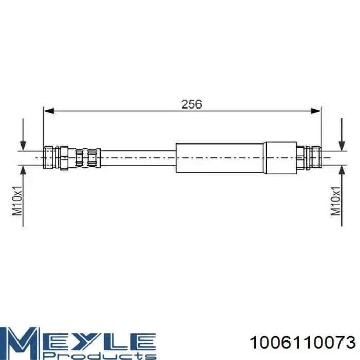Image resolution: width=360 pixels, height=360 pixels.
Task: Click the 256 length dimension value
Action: pos(191,104)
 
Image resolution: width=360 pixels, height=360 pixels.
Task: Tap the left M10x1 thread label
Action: pos(17,201)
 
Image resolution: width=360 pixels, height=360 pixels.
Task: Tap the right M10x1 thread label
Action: pos(336,201)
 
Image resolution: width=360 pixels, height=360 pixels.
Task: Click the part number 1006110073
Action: pos(302,343)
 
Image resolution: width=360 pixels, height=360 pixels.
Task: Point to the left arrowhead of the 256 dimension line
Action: pos(49,111)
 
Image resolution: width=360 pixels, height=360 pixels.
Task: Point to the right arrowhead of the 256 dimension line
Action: pos(316,111)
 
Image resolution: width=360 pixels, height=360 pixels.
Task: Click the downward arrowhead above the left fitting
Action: pos(23,146)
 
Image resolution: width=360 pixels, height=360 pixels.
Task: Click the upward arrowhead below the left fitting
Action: pos(23,170)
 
